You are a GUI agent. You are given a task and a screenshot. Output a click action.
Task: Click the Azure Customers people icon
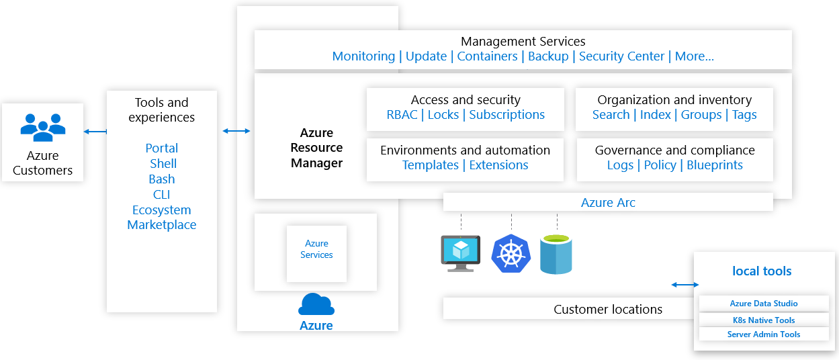click(43, 128)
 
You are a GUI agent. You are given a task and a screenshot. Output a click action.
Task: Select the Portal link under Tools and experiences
click(161, 148)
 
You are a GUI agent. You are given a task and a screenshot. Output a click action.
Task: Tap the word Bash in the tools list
click(161, 179)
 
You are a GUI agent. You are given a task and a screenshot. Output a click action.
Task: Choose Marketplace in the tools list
click(161, 225)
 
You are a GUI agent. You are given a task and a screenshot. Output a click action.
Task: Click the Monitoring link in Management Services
click(363, 56)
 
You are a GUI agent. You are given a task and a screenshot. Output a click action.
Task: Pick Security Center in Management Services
click(621, 56)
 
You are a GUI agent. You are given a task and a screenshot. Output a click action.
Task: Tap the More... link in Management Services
click(694, 56)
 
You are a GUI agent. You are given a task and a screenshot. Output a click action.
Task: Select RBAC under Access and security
click(402, 115)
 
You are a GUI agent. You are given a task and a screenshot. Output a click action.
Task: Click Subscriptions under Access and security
click(506, 115)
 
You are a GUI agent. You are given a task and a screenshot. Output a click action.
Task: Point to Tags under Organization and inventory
click(744, 115)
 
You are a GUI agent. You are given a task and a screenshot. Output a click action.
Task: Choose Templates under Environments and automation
click(431, 165)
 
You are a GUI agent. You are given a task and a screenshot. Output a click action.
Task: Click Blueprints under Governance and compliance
click(714, 165)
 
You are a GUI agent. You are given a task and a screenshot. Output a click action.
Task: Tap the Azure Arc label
click(608, 203)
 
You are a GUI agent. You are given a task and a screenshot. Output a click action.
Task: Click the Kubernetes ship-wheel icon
click(511, 254)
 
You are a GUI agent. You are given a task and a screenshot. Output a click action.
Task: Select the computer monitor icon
click(461, 254)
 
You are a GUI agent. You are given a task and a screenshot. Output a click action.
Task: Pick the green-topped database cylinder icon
click(556, 255)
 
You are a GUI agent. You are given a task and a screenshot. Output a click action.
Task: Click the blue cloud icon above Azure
click(316, 304)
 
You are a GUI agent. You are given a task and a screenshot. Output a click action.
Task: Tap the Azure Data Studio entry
click(763, 304)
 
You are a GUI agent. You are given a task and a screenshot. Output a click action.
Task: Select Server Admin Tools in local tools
click(763, 334)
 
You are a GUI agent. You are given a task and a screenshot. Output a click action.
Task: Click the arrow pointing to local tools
click(685, 285)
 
